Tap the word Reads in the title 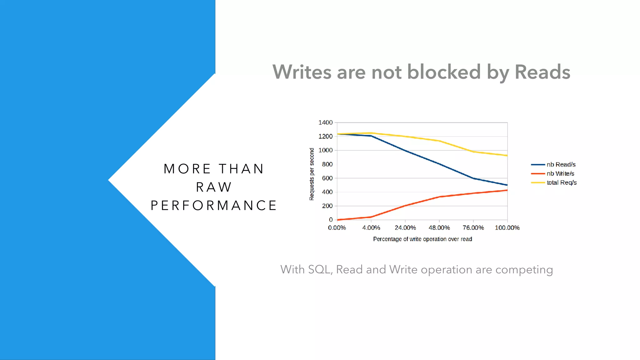click(542, 72)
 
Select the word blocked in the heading click(444, 72)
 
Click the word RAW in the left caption click(214, 187)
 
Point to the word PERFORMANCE click(214, 206)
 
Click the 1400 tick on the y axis click(325, 122)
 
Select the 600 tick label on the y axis click(327, 178)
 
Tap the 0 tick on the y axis click(331, 220)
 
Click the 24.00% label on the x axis click(405, 228)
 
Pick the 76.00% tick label click(473, 228)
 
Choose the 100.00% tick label click(507, 228)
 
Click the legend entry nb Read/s click(561, 164)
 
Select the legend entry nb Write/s click(560, 173)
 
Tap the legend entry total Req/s click(561, 182)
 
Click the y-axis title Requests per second click(312, 174)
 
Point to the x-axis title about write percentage click(422, 239)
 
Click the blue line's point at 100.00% click(507, 185)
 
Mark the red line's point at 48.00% click(439, 197)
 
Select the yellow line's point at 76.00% click(473, 152)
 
